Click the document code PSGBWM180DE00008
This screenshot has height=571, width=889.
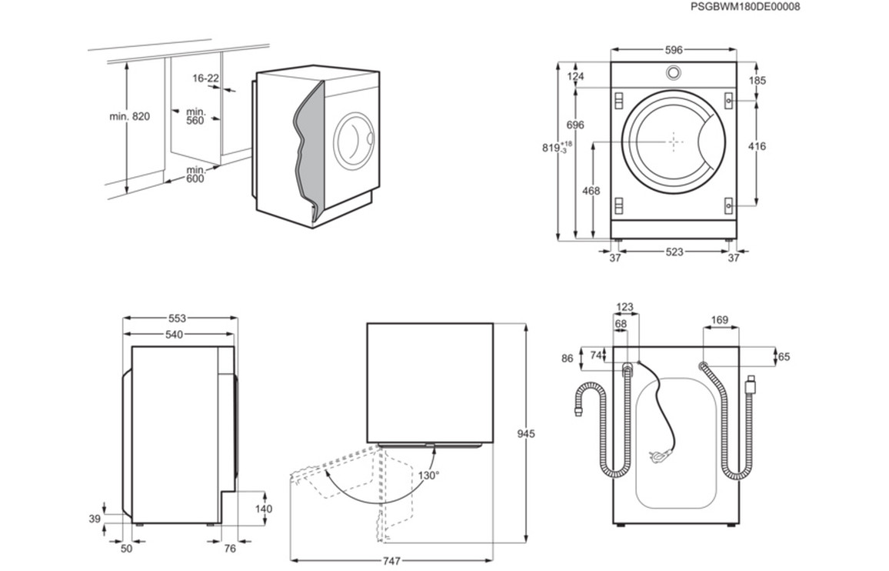click(745, 7)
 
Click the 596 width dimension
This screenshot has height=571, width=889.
click(674, 50)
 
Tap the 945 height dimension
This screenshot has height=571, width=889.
click(526, 434)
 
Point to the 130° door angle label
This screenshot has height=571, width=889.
click(429, 476)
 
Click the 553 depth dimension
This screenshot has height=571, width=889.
click(177, 318)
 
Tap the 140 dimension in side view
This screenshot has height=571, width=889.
click(264, 509)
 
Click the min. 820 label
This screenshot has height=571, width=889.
click(129, 117)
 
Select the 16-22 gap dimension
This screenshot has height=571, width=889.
click(206, 78)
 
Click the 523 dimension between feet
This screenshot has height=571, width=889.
click(674, 252)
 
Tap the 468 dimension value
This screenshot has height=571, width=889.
click(590, 191)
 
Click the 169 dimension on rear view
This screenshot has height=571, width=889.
click(720, 319)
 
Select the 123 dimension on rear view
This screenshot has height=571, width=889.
click(624, 308)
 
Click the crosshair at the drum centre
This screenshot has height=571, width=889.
click(674, 142)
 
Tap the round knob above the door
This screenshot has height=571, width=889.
click(674, 73)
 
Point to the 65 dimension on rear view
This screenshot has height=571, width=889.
click(784, 357)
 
